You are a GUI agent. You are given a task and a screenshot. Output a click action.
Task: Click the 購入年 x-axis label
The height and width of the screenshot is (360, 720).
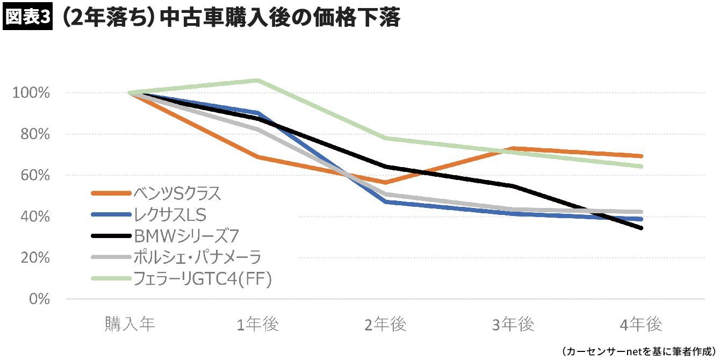pyautogui.click(x=130, y=325)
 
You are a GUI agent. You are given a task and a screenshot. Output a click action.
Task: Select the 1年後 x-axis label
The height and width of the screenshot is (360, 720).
pyautogui.click(x=258, y=325)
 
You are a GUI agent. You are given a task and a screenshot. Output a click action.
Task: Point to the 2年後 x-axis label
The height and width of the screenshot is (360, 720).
pyautogui.click(x=385, y=325)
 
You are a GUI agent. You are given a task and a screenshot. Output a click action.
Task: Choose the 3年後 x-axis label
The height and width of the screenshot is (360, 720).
pyautogui.click(x=513, y=325)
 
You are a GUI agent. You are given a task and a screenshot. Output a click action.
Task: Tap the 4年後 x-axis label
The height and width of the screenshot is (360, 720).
pyautogui.click(x=640, y=325)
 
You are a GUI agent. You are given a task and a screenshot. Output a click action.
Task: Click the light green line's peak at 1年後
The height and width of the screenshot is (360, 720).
pyautogui.click(x=258, y=81)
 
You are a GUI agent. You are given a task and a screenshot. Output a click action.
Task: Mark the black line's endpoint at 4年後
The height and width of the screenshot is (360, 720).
pyautogui.click(x=640, y=228)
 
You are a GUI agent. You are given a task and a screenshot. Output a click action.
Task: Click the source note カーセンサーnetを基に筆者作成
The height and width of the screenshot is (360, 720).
pyautogui.click(x=639, y=351)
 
